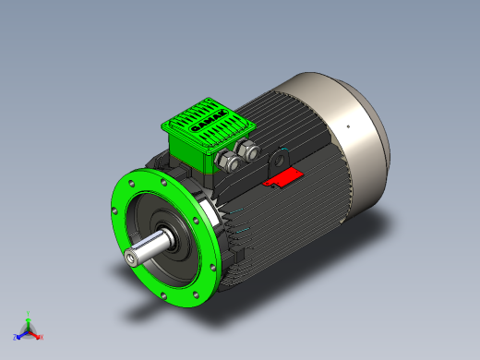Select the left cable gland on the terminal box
(224, 162)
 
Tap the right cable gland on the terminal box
(246, 150)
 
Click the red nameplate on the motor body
(283, 177)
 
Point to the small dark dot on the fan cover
(349, 126)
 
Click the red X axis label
(42, 337)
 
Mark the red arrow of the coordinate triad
(35, 333)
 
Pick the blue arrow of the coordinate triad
(21, 333)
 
